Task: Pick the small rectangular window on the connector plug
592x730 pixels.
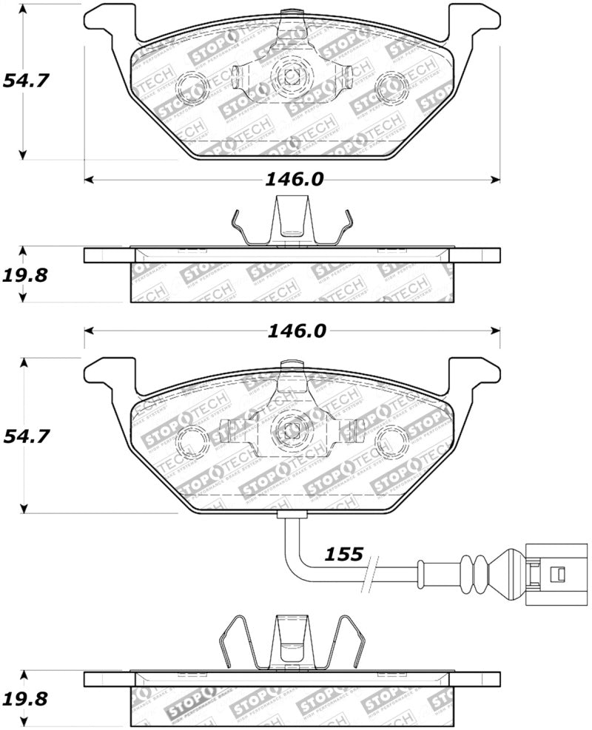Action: pos(560,572)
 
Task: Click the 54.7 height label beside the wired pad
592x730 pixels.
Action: pos(25,437)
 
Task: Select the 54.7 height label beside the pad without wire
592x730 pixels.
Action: pos(25,80)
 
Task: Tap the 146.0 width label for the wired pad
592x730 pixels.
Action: pos(296,331)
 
